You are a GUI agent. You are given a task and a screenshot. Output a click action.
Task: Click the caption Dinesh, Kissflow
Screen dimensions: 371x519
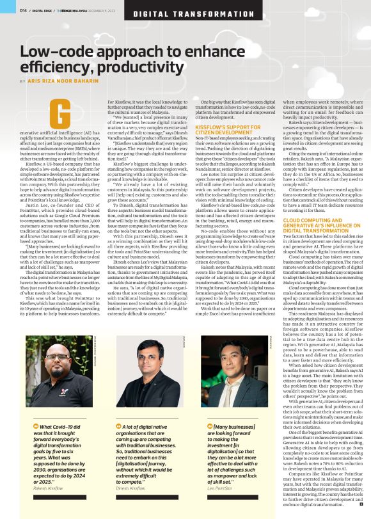coord(135,490)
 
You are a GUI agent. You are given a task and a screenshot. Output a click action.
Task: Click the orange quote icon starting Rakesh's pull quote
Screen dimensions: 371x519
coord(35,426)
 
